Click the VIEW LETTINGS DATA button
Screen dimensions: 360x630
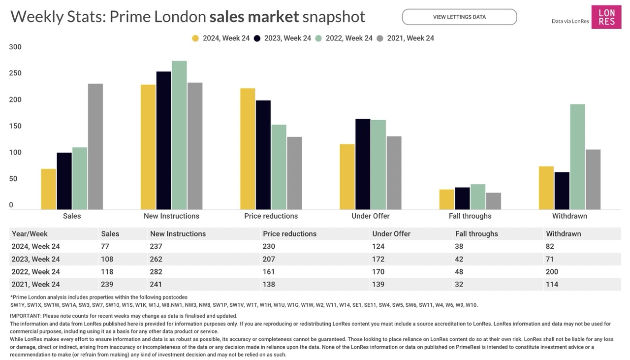pyautogui.click(x=459, y=17)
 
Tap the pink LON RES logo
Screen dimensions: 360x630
pyautogui.click(x=606, y=17)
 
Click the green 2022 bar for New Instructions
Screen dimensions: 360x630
pyautogui.click(x=179, y=135)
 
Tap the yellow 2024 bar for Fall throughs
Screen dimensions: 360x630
pyautogui.click(x=447, y=199)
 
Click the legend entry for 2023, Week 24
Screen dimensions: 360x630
pyautogui.click(x=283, y=38)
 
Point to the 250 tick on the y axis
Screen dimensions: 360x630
pyautogui.click(x=15, y=73)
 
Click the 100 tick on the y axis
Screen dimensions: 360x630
pyautogui.click(x=15, y=153)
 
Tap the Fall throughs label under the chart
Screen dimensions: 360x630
pyautogui.click(x=470, y=216)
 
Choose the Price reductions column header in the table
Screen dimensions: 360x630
pyautogui.click(x=290, y=234)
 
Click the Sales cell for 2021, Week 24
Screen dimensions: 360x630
pyautogui.click(x=107, y=285)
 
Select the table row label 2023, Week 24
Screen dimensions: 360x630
pyautogui.click(x=36, y=259)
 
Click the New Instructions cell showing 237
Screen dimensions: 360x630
pyautogui.click(x=156, y=246)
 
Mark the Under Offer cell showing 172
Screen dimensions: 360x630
pyautogui.click(x=379, y=259)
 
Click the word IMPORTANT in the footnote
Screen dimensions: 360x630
pyautogui.click(x=25, y=316)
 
